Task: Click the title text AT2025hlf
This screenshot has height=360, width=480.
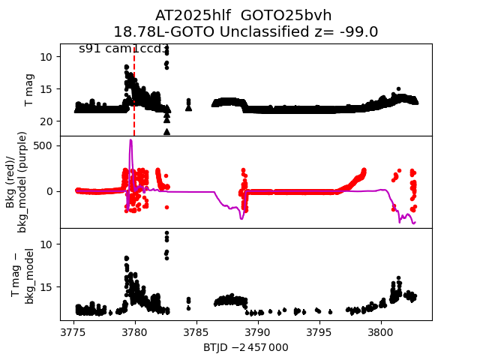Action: click(190, 16)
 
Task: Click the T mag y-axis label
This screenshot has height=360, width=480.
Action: click(30, 90)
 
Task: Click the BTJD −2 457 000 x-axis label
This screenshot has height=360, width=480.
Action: click(245, 347)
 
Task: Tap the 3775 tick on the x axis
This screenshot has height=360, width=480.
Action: click(73, 331)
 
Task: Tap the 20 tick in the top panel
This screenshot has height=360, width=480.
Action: click(46, 121)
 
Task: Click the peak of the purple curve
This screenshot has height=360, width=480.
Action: click(130, 140)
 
